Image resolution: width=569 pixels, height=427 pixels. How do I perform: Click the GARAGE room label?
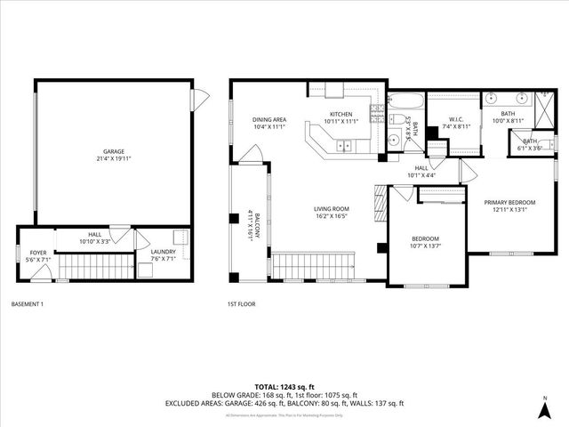(x=112, y=152)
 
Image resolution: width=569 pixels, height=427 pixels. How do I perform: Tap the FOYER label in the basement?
(x=38, y=253)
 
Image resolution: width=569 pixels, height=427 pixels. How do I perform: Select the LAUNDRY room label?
(x=163, y=252)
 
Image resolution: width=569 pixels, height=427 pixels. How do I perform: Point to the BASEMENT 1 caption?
(x=28, y=304)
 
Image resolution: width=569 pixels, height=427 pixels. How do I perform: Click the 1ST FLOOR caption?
(x=241, y=304)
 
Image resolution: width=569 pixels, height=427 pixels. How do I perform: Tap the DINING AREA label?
(x=268, y=119)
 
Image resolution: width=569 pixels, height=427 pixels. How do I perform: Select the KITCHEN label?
(x=342, y=115)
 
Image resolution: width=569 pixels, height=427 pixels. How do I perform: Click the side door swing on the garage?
(x=201, y=93)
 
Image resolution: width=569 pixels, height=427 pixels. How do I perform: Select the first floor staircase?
(x=314, y=265)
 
